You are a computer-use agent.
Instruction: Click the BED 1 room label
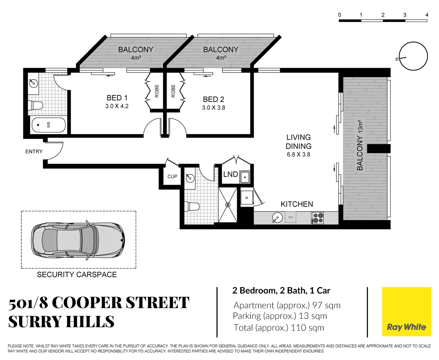(117, 98)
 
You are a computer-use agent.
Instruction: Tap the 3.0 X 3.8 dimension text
(213, 108)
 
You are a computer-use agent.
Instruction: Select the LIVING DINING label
(298, 142)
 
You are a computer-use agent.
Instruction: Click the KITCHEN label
(297, 204)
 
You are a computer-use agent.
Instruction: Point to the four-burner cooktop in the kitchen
(317, 218)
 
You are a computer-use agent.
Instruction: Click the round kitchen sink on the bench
(277, 218)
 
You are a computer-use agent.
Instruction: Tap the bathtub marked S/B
(48, 125)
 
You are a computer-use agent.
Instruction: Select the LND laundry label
(231, 174)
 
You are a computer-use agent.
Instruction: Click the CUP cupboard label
(172, 176)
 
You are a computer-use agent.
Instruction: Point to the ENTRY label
(34, 151)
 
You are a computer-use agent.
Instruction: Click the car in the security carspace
(78, 240)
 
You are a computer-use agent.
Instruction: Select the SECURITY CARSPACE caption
(77, 275)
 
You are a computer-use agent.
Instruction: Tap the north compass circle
(413, 56)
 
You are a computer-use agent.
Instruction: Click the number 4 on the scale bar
(427, 15)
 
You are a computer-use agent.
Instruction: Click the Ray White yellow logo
(406, 312)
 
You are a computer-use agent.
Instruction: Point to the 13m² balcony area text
(360, 127)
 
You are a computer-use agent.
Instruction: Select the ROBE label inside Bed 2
(173, 91)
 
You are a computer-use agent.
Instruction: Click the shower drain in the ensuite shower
(228, 205)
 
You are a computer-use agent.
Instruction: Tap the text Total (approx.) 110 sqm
(279, 328)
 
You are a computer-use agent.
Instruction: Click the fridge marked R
(247, 198)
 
